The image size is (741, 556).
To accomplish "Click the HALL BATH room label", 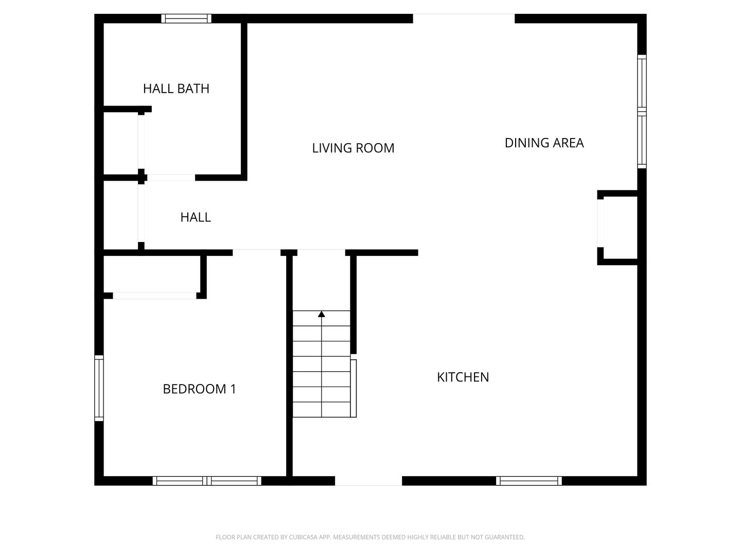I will coord(176,89).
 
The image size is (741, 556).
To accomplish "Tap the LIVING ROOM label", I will coord(353,148).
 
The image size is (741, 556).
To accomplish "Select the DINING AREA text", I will coord(544,143).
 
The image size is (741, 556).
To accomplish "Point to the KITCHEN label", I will coord(463,377).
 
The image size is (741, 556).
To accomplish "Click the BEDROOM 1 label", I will coord(199,389).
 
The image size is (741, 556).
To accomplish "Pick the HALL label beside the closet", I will coord(196,217).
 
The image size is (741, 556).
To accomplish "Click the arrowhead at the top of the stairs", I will coord(322,314).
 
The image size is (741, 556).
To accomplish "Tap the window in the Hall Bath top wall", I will coord(186,19).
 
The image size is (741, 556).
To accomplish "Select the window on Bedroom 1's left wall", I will coord(99,388).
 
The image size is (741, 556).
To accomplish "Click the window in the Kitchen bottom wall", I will coord(529,481).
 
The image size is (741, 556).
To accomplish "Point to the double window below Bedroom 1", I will coord(207,481).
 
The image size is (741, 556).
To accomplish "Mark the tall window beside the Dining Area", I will coord(642,111).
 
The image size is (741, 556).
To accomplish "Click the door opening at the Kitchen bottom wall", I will coord(368,481).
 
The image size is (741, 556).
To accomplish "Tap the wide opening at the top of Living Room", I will coord(464,19).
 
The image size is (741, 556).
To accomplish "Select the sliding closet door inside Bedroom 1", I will coord(154,296).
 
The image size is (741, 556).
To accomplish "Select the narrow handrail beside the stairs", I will coord(354,388).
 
